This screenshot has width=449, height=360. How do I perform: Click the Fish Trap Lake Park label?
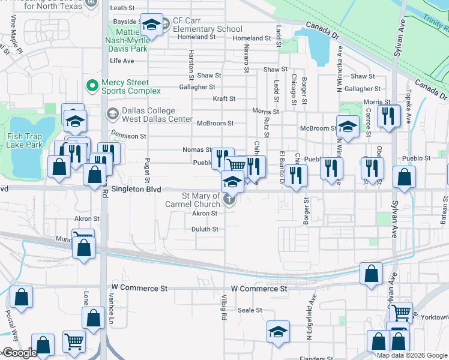[x=25, y=140]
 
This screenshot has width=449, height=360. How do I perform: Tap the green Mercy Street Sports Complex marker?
[x=92, y=86]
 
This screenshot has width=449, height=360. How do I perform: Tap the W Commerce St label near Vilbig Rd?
[x=259, y=289]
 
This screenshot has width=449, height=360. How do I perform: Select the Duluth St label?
[x=205, y=229]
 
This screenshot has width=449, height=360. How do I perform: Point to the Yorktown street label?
[x=432, y=317]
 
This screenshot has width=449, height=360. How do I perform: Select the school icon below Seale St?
[x=278, y=332]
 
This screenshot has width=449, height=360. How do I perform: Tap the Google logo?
[x=19, y=353]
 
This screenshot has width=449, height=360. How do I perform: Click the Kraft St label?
[x=224, y=98]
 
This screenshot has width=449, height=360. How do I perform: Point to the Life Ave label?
[x=122, y=61]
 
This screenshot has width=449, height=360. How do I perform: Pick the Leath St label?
[x=122, y=8]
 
